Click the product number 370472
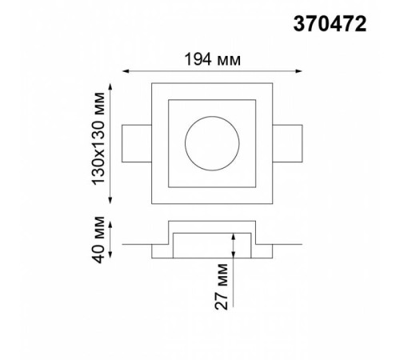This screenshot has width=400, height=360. [330, 24]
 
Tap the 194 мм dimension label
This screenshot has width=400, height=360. [213, 59]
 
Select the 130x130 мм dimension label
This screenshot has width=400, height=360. [98, 138]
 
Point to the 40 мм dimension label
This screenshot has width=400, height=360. [98, 240]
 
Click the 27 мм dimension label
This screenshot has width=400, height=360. [222, 286]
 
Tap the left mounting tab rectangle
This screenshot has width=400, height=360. [122, 143]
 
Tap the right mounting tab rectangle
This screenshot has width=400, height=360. [302, 143]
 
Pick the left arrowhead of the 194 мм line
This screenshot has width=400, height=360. [126, 71]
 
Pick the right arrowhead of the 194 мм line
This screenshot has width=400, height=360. [298, 71]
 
